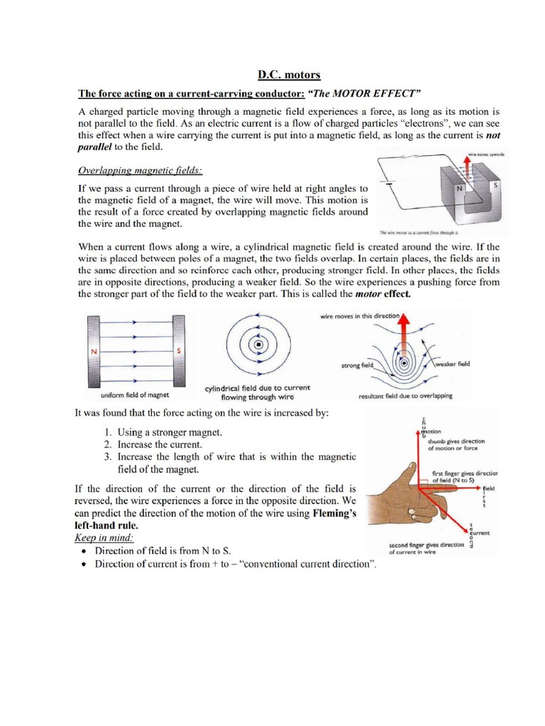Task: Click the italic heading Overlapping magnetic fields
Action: point(140,171)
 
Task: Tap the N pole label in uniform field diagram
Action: point(92,351)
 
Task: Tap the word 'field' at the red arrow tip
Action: point(489,489)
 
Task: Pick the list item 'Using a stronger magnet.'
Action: point(160,432)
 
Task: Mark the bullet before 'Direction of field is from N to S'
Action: point(85,551)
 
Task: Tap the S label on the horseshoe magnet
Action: point(494,184)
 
